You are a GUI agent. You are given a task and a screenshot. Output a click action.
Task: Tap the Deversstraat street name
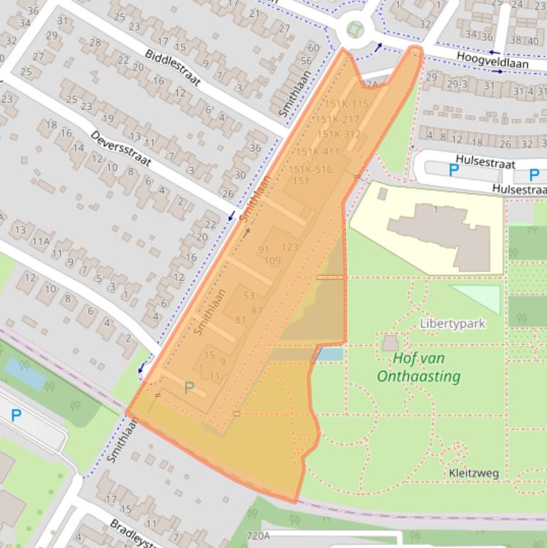(x=121, y=148)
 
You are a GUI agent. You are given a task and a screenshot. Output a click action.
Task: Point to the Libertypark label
(x=452, y=324)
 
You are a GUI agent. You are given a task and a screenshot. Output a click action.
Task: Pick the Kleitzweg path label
(x=474, y=473)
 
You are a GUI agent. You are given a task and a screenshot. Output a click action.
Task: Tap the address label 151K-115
(x=343, y=104)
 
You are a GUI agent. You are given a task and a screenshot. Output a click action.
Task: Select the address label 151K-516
(x=310, y=169)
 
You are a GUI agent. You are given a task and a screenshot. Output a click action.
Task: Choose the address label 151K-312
(x=339, y=135)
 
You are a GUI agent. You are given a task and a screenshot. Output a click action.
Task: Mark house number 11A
(x=41, y=242)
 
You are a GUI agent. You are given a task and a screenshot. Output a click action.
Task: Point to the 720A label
(x=257, y=536)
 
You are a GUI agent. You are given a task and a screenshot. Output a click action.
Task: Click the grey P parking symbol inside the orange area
(x=188, y=388)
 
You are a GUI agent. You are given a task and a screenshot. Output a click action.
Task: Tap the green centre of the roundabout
(x=355, y=30)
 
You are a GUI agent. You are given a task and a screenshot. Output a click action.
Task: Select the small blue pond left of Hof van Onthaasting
(x=329, y=354)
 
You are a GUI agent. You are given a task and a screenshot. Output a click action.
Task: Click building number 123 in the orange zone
(x=290, y=247)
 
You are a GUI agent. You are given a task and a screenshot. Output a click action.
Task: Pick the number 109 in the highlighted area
(x=272, y=260)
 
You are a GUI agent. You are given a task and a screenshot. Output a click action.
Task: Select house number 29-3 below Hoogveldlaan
(x=457, y=85)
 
